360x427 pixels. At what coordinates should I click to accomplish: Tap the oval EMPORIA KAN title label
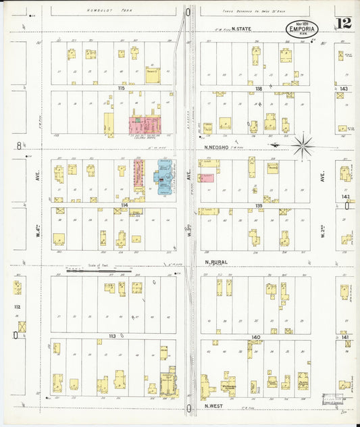[301, 30]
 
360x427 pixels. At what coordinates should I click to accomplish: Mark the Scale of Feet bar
[99, 270]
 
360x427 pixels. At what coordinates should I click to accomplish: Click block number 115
[122, 89]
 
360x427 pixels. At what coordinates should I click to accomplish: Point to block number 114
[124, 205]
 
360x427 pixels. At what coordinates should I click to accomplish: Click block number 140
[255, 336]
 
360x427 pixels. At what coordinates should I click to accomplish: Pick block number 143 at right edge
[344, 89]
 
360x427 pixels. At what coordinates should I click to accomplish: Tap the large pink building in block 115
[145, 124]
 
